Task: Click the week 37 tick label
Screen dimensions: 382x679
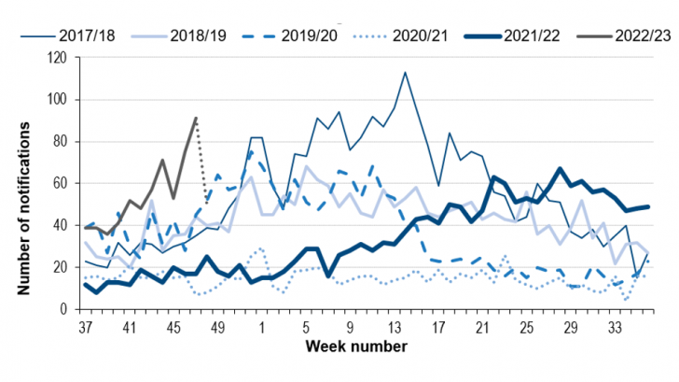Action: (x=86, y=327)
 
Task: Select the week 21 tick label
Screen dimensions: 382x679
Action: (x=482, y=327)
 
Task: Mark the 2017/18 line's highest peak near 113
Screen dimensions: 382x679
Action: (x=405, y=72)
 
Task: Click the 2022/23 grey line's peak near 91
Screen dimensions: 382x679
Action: (x=196, y=119)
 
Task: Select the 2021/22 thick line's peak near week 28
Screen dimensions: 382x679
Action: (x=559, y=169)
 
